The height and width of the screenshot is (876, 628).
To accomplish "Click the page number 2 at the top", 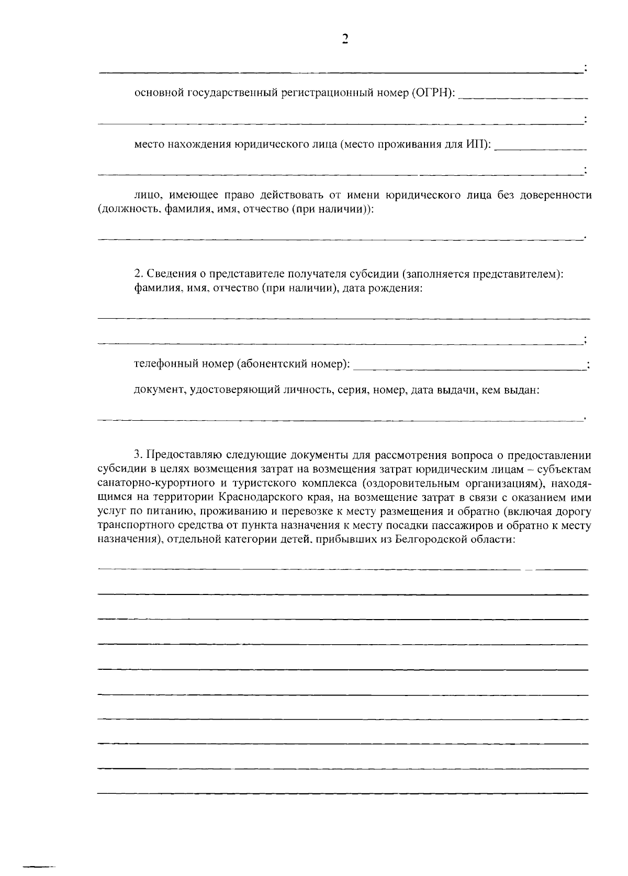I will [x=344, y=39].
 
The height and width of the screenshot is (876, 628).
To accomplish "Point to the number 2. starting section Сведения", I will [x=138, y=273].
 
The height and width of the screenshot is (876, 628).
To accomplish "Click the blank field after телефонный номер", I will [x=468, y=365].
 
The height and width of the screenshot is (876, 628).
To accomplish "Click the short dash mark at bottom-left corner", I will [x=36, y=867].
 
